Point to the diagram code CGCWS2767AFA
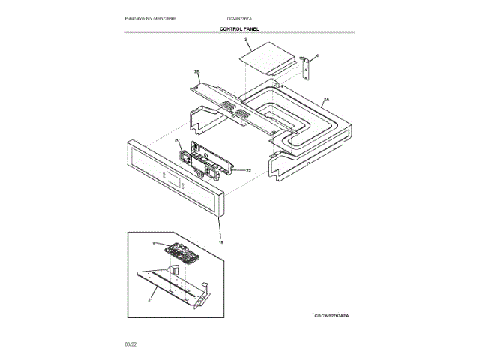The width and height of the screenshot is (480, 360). pos(331,316)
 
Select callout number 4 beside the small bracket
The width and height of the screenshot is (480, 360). pos(316,55)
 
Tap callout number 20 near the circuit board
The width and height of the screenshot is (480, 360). pos(178,140)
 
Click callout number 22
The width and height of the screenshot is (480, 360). pos(247,171)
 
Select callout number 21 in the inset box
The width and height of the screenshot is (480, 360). pos(151,299)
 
